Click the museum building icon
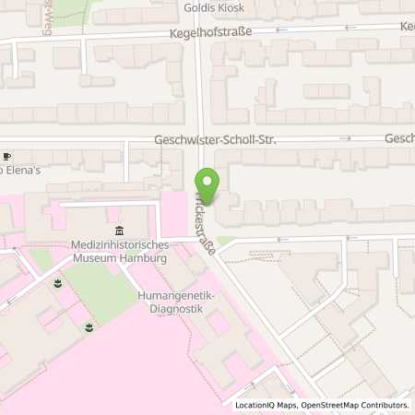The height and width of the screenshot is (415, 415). [117, 231]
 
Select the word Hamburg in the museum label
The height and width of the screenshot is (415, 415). [144, 259]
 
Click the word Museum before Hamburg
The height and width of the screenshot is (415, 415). [94, 259]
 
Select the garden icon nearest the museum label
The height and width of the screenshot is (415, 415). [58, 282]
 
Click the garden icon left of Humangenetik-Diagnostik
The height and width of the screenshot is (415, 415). [89, 326]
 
